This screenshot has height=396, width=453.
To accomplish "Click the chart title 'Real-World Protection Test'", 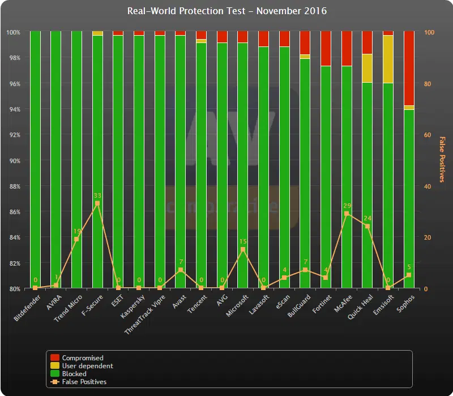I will coord(226,11).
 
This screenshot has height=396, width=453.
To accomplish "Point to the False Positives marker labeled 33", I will coord(97,203).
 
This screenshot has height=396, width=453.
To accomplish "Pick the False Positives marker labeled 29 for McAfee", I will coord(347,214).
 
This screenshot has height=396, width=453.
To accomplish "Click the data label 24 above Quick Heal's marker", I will coord(367,218).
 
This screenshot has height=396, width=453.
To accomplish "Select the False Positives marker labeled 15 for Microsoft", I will coord(243,249).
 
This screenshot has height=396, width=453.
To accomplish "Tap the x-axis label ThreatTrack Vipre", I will coord(145,314).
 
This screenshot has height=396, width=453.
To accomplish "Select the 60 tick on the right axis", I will coord(428,135).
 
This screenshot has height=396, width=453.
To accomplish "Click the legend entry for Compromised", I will coord(83,358).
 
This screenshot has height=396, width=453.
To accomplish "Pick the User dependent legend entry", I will coord(87,366).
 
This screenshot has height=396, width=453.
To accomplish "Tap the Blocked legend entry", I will coord(74,374).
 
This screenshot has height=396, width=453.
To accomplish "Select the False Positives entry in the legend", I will coord(84,382).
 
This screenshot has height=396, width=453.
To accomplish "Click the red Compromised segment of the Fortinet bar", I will coord(326,48).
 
